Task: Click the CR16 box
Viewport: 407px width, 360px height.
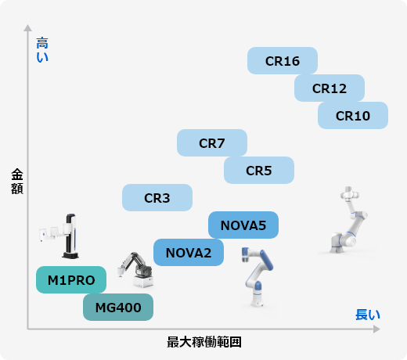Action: coord(283,60)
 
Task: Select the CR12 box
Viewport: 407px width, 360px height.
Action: coord(330,88)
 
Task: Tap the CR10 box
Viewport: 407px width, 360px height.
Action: coord(353,115)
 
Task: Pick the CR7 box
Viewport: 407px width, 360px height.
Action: coord(212,142)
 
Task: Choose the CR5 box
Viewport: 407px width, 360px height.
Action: coord(259,170)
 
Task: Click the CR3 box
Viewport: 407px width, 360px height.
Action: coord(157,197)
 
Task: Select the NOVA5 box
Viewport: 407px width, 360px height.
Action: coord(243,225)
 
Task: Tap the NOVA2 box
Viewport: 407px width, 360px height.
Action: coord(189,252)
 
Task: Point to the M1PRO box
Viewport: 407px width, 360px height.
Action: coord(71,279)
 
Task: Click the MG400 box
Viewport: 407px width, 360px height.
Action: coord(118,307)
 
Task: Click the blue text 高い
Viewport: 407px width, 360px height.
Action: coord(42,49)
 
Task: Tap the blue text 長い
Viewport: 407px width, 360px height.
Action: coord(368,315)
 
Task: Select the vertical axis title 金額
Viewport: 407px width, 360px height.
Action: coord(17,182)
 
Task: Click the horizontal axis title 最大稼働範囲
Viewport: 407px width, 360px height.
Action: coord(204,342)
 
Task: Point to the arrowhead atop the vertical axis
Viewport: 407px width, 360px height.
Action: coord(27,27)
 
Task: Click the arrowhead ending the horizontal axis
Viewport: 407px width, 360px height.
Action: coord(376,329)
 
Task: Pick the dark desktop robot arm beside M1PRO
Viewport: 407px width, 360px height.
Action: coord(135,270)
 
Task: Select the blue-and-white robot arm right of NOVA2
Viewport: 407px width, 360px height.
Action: coord(257,276)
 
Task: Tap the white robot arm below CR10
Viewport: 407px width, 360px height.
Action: coord(348,220)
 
